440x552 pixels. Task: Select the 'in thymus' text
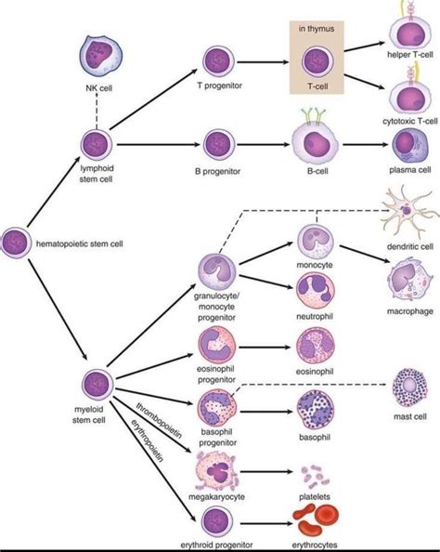coord(316,28)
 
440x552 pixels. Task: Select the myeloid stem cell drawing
coord(97,384)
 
